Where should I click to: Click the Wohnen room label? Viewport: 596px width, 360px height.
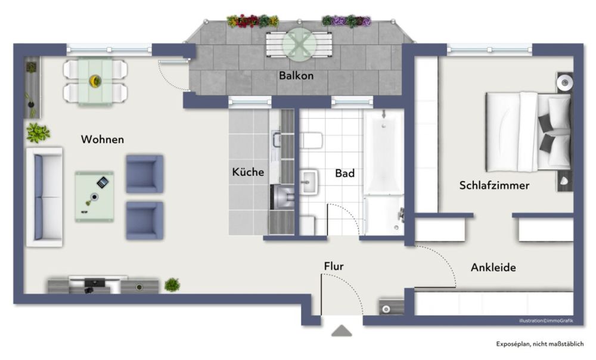pos(103,139)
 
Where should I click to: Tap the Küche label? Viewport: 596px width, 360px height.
pos(248,172)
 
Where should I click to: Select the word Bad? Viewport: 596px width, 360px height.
pos(344,173)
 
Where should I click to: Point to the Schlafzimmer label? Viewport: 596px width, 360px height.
pos(494,185)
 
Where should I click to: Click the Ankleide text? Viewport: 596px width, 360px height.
pos(493,268)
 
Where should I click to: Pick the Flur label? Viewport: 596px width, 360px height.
pos(334,266)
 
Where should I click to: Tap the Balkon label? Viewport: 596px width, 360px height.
pos(296,76)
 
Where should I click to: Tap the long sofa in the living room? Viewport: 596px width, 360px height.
pos(45,197)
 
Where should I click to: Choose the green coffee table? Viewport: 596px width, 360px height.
pos(94,196)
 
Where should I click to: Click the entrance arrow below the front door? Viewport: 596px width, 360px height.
pos(342,331)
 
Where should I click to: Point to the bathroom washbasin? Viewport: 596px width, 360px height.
pos(310,181)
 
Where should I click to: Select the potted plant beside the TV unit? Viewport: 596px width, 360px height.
pos(172,285)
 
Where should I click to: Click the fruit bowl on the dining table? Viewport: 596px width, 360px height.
pos(95,80)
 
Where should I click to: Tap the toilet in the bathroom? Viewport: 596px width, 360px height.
pos(312,140)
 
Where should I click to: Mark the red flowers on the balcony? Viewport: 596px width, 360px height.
pos(244,21)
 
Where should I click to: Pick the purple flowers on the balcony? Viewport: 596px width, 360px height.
pos(338,21)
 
